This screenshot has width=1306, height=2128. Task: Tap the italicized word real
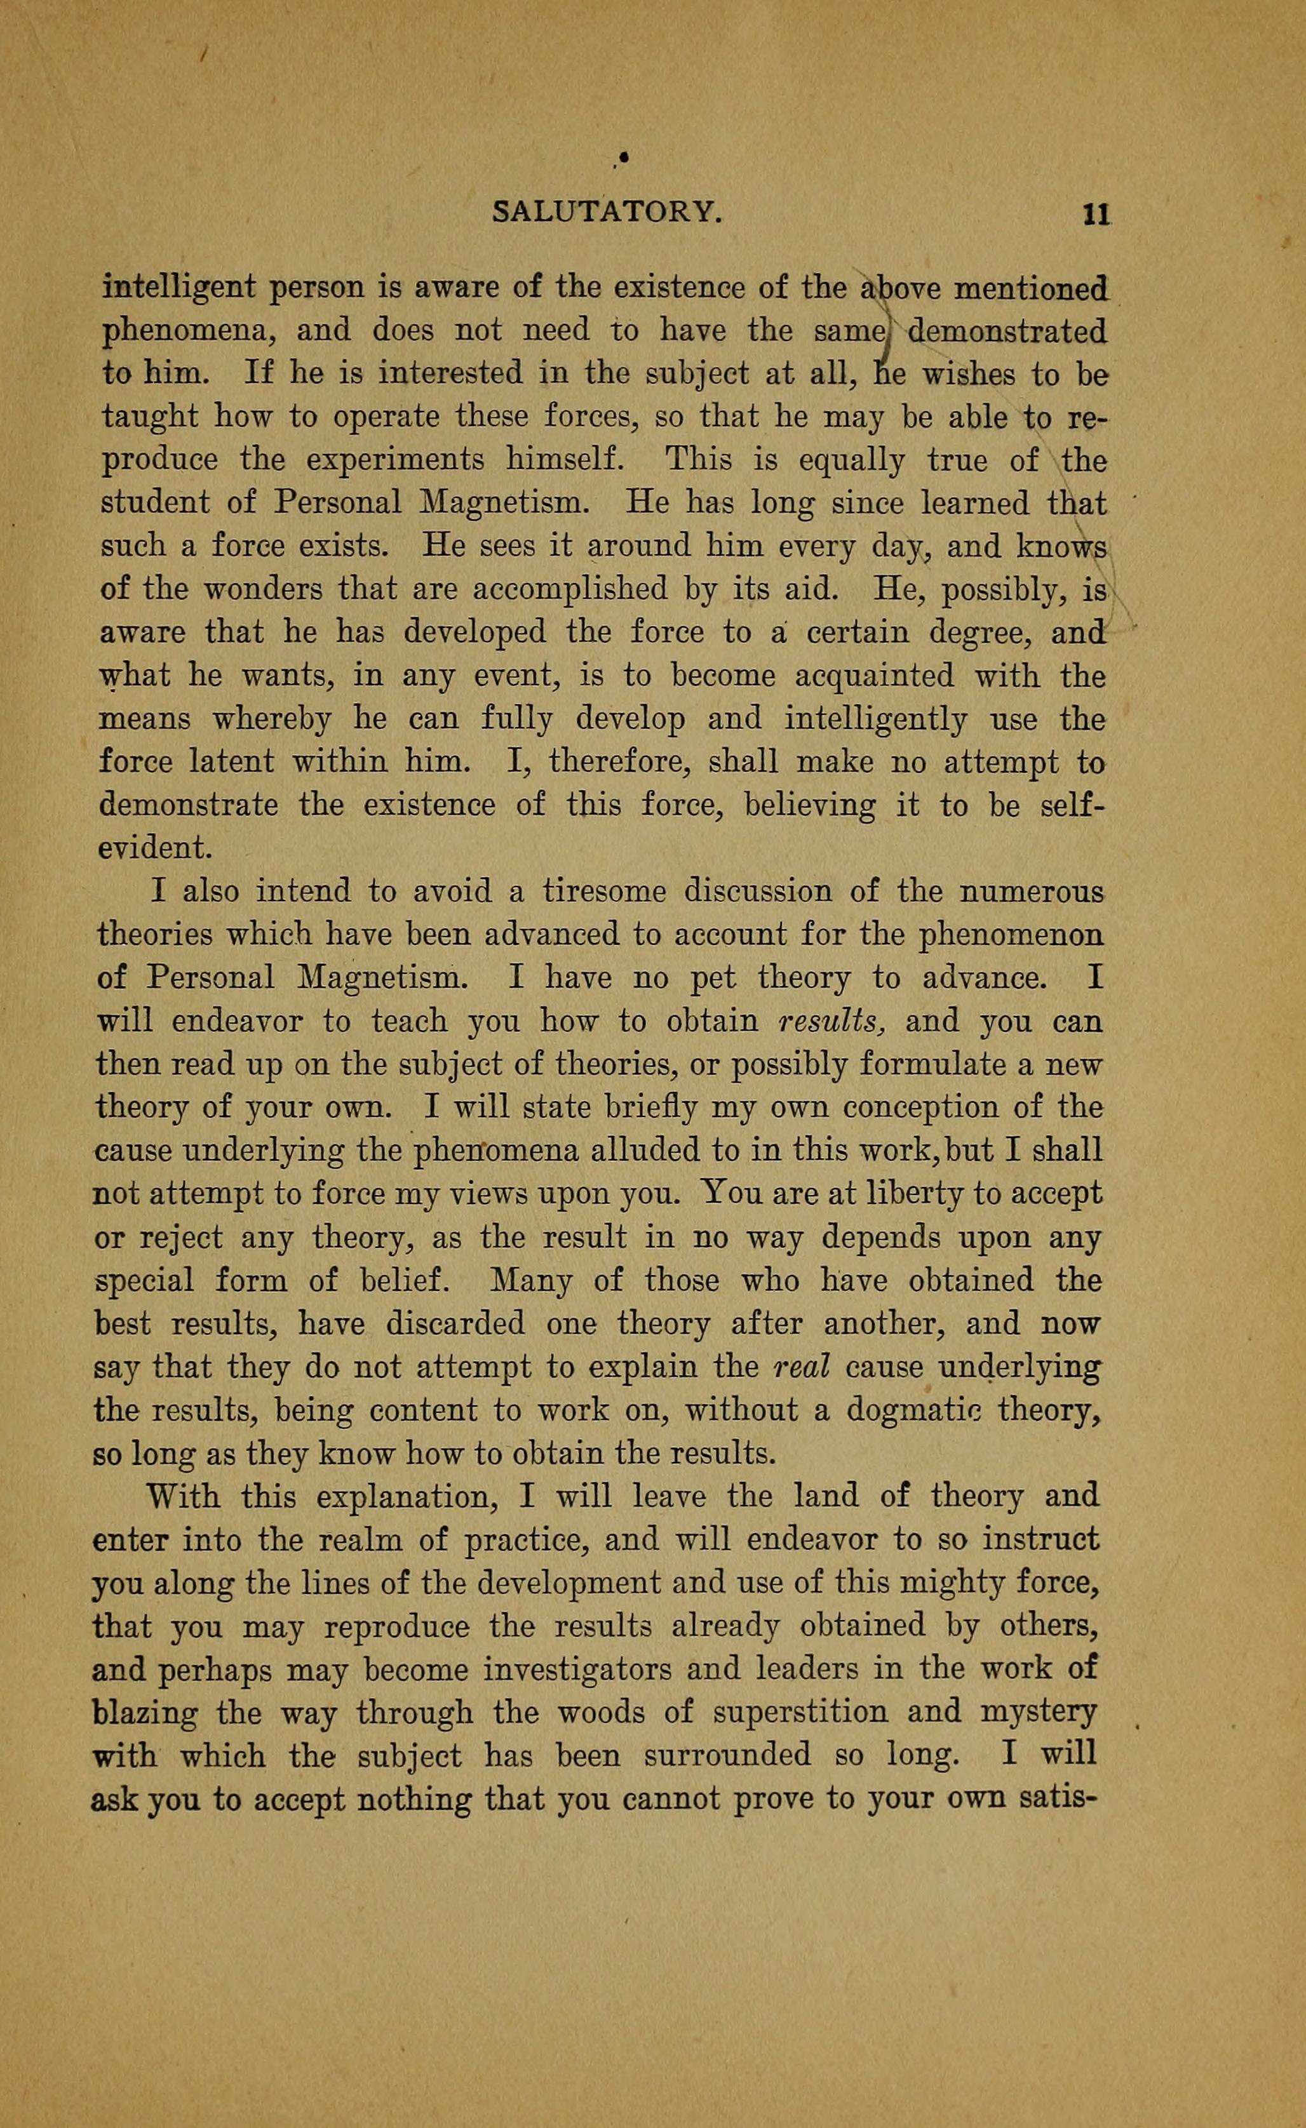click(802, 1367)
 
